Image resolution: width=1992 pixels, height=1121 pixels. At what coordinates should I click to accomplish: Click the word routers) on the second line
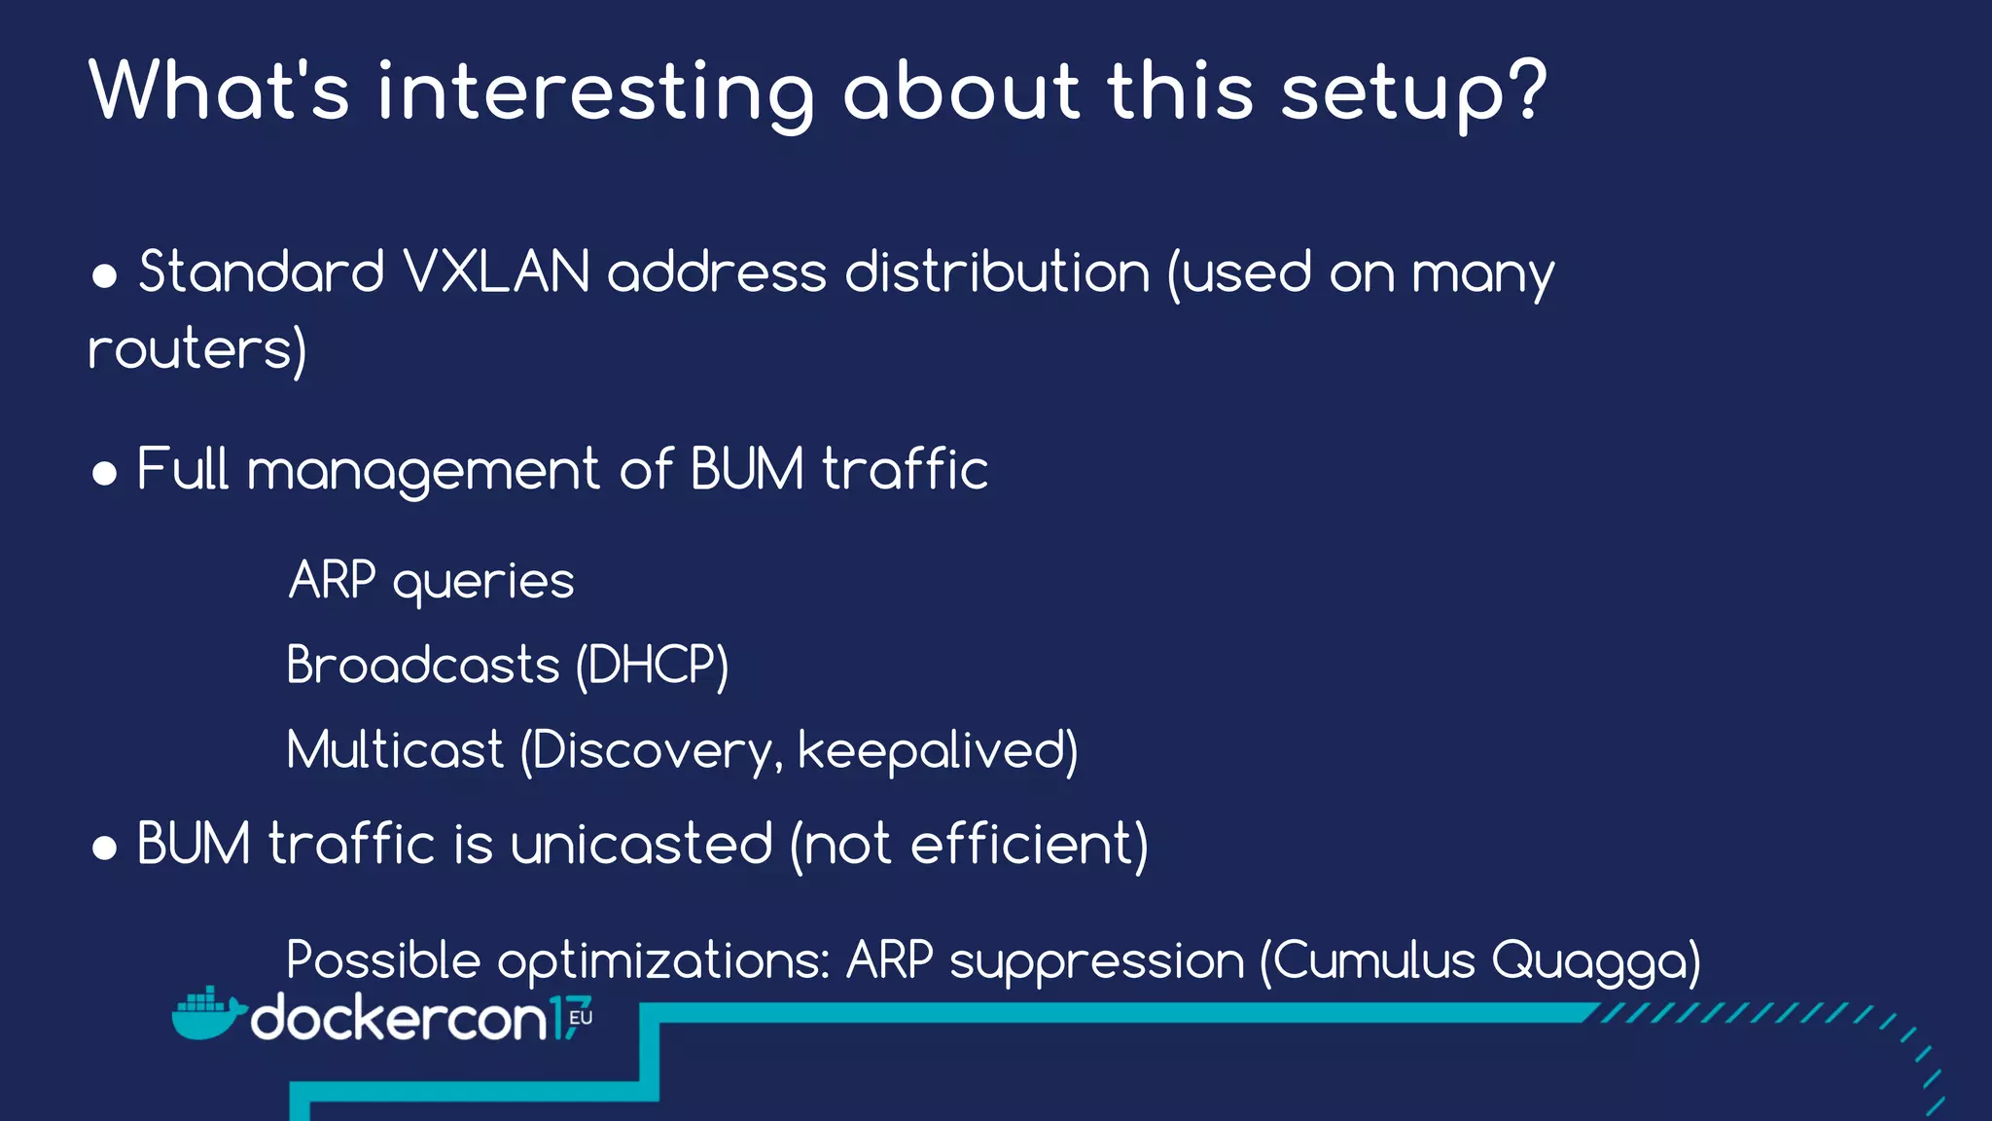[197, 349]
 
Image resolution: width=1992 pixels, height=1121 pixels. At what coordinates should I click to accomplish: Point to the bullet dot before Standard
[105, 276]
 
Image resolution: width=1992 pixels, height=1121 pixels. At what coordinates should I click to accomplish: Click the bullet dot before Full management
[105, 474]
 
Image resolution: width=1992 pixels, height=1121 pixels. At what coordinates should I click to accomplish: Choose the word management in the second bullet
[424, 471]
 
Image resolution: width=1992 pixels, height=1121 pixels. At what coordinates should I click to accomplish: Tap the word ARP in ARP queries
[332, 581]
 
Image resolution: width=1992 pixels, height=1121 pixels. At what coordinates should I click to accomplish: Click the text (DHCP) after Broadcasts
[652, 667]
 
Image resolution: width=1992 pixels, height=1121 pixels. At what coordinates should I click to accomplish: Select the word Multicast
[395, 750]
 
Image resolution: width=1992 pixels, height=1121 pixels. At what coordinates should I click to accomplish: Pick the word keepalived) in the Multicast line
[938, 750]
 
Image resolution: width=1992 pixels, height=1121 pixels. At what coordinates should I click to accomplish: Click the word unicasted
[642, 844]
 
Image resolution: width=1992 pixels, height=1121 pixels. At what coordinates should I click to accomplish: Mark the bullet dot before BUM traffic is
[105, 848]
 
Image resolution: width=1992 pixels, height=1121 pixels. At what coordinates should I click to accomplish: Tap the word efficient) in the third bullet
[1029, 844]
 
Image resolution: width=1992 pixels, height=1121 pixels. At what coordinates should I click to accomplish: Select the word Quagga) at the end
[1596, 961]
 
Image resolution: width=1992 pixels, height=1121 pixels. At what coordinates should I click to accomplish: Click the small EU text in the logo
[581, 1018]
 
